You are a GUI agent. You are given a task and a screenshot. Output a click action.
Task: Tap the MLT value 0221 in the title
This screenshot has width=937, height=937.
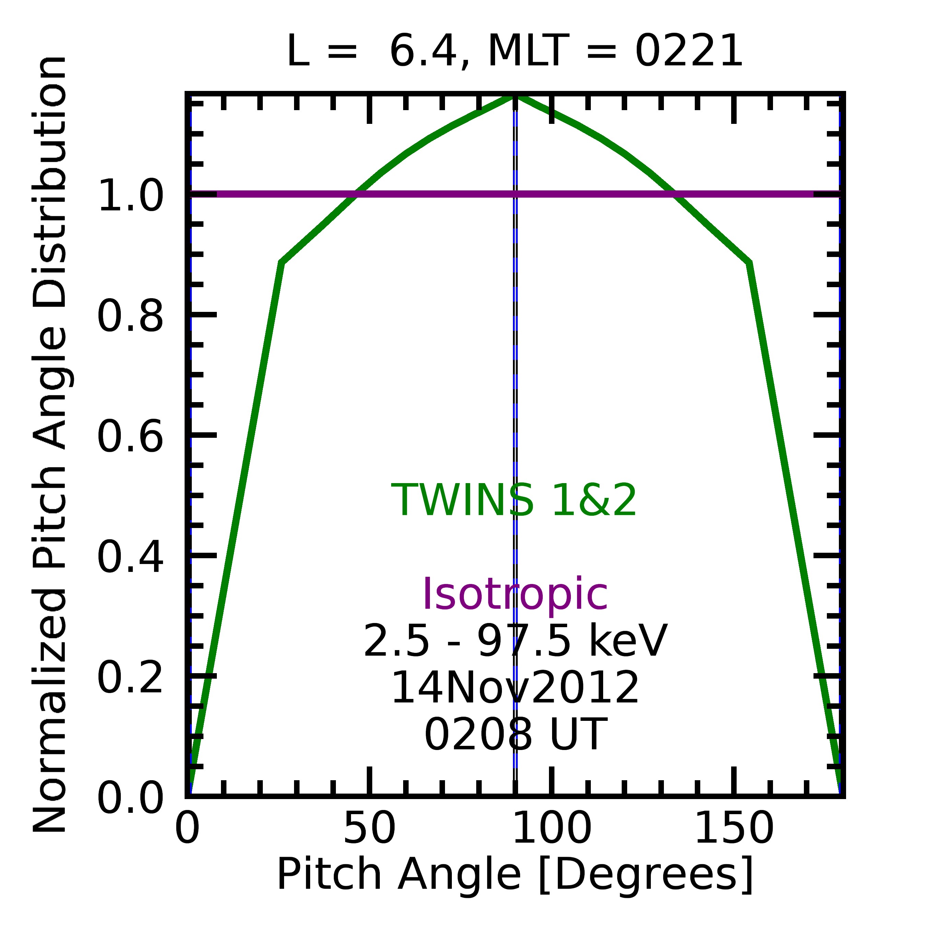(688, 51)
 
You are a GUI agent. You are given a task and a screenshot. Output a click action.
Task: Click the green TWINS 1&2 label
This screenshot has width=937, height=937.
(514, 501)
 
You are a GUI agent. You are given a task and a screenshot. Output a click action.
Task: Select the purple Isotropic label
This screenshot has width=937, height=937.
(515, 595)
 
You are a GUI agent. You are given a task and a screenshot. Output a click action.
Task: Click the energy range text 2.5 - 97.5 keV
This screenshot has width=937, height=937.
(515, 641)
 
